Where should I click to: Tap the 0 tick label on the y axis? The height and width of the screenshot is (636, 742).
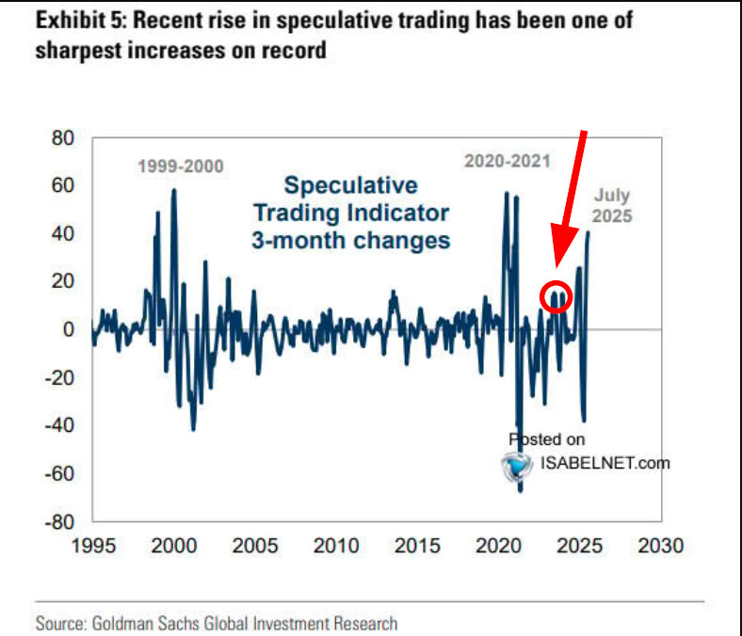click(68, 329)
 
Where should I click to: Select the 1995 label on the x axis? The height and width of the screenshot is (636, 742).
click(92, 546)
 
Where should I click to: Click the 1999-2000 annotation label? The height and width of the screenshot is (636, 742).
click(181, 167)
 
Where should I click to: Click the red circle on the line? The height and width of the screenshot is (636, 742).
click(556, 296)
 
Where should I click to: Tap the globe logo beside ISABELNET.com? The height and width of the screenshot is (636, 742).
click(517, 466)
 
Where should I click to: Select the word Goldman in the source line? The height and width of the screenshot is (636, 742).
click(126, 623)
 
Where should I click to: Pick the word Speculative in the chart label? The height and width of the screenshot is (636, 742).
click(350, 184)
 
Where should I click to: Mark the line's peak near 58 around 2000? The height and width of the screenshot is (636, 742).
click(173, 191)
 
